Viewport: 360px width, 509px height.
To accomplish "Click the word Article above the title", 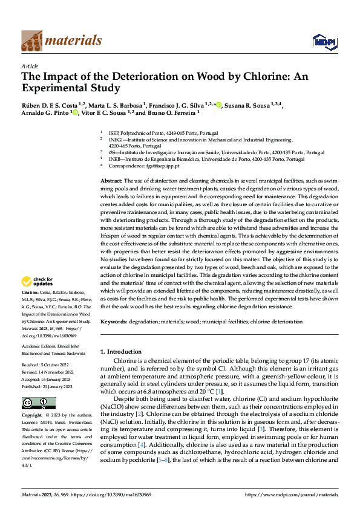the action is tap(30, 66).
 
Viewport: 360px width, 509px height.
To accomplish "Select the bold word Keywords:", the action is tap(114, 322).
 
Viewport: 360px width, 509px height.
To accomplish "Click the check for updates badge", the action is tap(38, 281).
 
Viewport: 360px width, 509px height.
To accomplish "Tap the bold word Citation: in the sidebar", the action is tap(31, 292).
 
